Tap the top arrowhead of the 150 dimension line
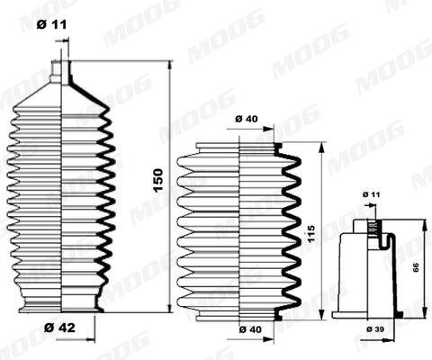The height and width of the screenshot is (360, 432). point(169,66)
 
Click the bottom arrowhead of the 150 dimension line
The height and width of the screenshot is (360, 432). point(169,308)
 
